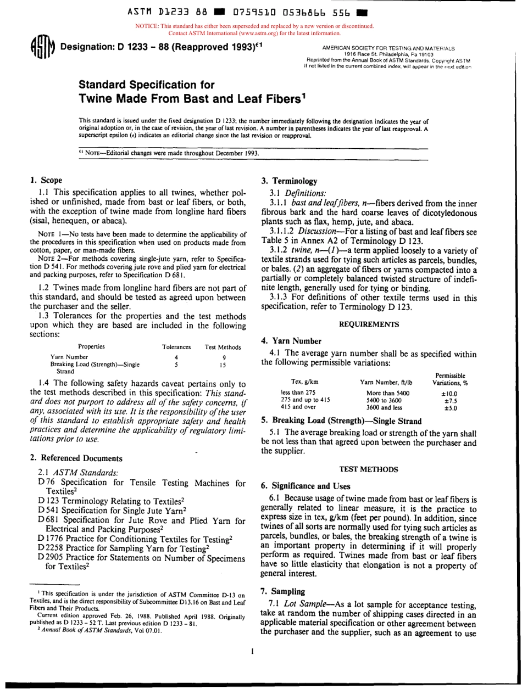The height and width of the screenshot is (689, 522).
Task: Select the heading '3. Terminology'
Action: (x=289, y=181)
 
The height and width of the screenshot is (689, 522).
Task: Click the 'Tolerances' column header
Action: (x=176, y=347)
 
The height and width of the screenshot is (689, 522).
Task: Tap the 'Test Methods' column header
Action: (x=223, y=347)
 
